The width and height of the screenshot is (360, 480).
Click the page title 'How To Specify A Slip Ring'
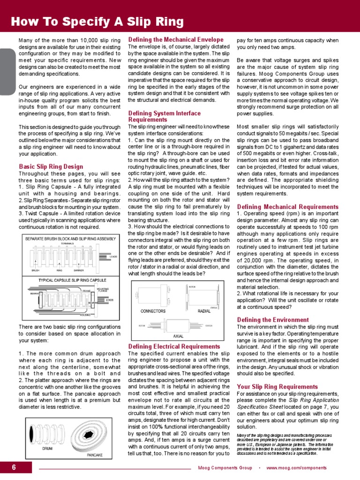[97, 22]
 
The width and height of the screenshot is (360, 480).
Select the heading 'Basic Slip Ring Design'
[51, 166]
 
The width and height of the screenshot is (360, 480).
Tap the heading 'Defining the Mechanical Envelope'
[175, 40]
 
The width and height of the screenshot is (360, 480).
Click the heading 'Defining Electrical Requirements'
[174, 346]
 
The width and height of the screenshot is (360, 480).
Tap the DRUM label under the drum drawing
[47, 449]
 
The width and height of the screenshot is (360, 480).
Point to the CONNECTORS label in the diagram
[153, 311]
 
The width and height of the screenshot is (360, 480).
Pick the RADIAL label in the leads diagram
[204, 311]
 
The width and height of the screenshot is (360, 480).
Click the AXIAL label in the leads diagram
[178, 336]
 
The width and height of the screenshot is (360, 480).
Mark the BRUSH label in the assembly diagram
[35, 270]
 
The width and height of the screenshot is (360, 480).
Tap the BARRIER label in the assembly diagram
[78, 270]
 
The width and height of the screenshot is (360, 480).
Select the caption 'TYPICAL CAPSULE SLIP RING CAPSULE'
[72, 280]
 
